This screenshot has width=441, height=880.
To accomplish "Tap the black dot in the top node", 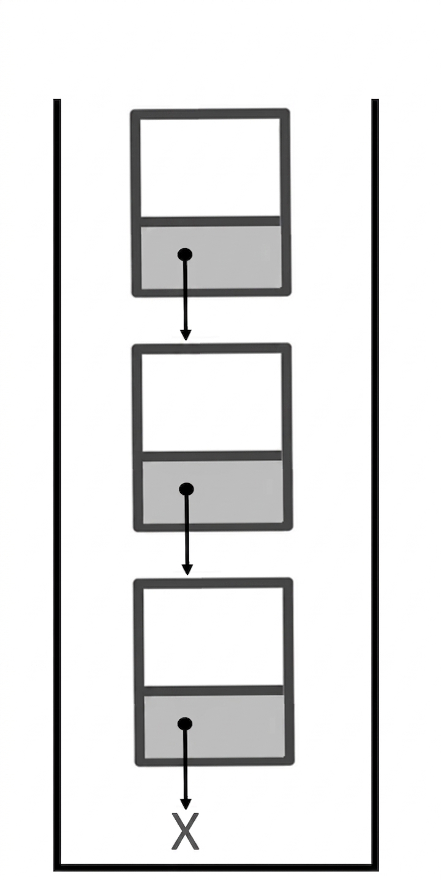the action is click(x=185, y=254).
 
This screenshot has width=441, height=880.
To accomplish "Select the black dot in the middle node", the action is click(x=186, y=489).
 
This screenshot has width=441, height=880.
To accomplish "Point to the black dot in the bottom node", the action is click(x=185, y=724).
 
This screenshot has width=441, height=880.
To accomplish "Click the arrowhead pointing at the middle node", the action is click(x=186, y=335).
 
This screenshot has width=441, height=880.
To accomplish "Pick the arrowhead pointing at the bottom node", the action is click(x=187, y=570).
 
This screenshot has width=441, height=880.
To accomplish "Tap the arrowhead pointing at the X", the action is click(x=186, y=804).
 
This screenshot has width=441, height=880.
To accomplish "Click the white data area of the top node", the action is click(x=210, y=167).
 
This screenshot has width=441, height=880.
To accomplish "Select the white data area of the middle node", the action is click(x=212, y=402).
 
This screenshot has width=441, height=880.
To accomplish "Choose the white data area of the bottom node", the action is click(x=213, y=636).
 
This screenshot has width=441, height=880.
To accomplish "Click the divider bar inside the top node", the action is click(x=210, y=221).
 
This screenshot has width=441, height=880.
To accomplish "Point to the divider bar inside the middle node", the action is click(x=212, y=456).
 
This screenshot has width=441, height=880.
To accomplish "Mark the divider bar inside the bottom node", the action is click(x=213, y=691).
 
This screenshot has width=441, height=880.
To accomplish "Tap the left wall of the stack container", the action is click(x=58, y=489).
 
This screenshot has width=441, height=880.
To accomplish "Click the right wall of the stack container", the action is click(x=375, y=489).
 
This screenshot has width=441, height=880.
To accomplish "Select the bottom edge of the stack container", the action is click(x=216, y=876).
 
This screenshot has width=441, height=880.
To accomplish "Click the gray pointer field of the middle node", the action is click(x=213, y=492).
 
